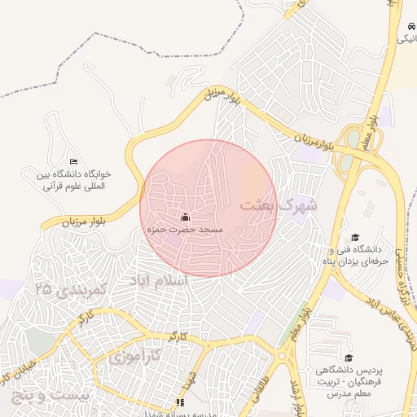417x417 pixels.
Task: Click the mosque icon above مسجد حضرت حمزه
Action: click(185, 217)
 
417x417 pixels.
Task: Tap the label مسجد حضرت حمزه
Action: click(185, 230)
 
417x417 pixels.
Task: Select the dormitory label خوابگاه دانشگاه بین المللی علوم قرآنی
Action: click(72, 179)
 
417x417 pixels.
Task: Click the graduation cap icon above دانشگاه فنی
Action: click(353, 237)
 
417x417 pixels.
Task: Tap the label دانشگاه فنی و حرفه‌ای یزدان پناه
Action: click(353, 255)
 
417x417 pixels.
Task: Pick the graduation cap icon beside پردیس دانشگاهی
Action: click(349, 358)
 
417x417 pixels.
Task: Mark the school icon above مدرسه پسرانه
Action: click(180, 402)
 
